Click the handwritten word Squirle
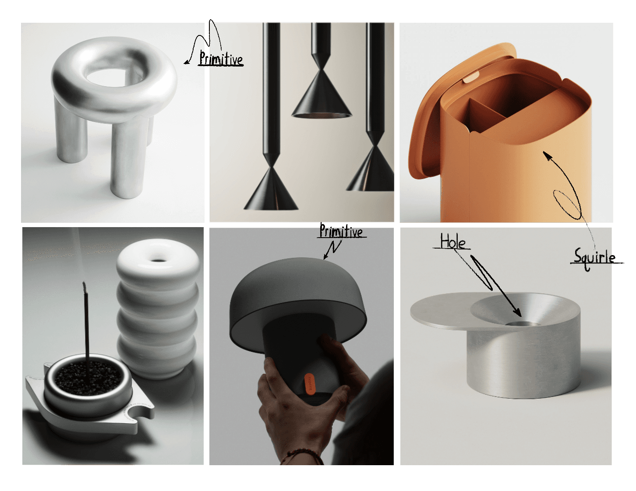coord(594,257)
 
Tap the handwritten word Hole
coord(452,242)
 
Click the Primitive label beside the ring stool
coord(221,59)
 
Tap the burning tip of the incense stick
coord(84,286)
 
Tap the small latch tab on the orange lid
coord(470,78)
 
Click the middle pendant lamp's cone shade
coord(322,97)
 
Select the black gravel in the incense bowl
coord(88,377)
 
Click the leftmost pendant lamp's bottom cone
coord(271,190)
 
